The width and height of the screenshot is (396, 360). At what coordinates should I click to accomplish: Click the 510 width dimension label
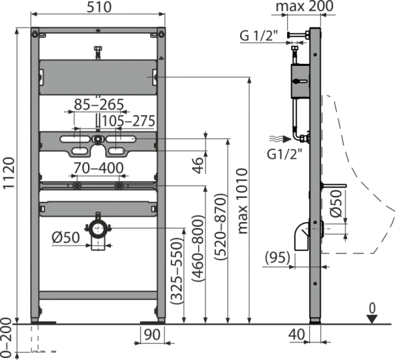point(99,7)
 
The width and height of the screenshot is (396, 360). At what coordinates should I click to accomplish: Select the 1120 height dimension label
point(9,173)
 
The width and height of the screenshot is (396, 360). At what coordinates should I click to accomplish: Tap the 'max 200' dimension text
point(305,6)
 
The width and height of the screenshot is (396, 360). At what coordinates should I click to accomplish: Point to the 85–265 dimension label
point(99,104)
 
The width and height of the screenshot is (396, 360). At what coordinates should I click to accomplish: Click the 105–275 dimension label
point(128,121)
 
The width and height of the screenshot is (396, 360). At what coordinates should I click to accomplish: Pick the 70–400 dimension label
point(98,168)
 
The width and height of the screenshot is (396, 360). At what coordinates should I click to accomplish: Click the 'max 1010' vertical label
point(243,201)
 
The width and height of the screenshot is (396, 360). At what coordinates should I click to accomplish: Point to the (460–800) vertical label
point(197,248)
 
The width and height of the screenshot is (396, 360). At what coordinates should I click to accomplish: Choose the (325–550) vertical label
point(176,271)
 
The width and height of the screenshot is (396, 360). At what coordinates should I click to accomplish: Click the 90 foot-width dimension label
point(153,334)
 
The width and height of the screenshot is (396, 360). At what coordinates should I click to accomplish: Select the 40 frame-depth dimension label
point(296,334)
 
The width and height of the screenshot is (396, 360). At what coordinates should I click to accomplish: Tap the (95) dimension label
point(278,258)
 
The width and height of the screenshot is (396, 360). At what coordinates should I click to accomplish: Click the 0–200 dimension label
point(5,337)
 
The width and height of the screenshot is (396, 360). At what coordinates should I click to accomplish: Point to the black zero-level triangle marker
point(372,319)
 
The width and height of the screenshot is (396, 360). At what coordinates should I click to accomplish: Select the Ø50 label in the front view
point(66,238)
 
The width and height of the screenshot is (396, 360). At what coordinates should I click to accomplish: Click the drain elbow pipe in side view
point(302,236)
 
